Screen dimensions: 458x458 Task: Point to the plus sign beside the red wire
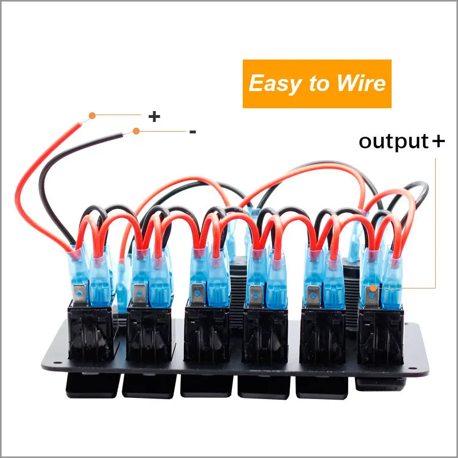(x=154, y=116)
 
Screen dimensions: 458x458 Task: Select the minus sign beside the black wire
(x=192, y=132)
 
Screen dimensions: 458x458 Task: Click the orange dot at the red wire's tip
(x=92, y=115)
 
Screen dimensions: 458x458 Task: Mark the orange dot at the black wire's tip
(x=136, y=131)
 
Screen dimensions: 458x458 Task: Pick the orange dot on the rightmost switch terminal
(x=373, y=289)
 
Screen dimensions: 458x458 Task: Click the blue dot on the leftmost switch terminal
(x=78, y=294)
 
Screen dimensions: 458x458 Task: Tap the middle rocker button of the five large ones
(x=206, y=385)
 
